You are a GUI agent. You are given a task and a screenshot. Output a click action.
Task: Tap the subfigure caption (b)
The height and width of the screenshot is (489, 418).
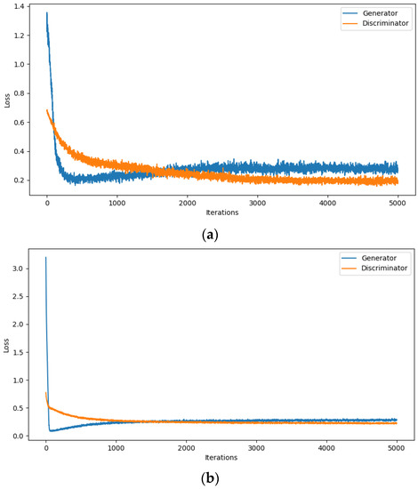click(210, 477)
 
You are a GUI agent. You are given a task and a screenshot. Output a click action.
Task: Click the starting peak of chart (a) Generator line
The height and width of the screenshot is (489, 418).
click(47, 13)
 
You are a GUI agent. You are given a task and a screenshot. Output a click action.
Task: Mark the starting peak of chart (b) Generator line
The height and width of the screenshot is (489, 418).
click(46, 258)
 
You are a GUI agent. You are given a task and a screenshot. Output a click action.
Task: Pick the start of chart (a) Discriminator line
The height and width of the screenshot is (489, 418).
click(46, 110)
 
